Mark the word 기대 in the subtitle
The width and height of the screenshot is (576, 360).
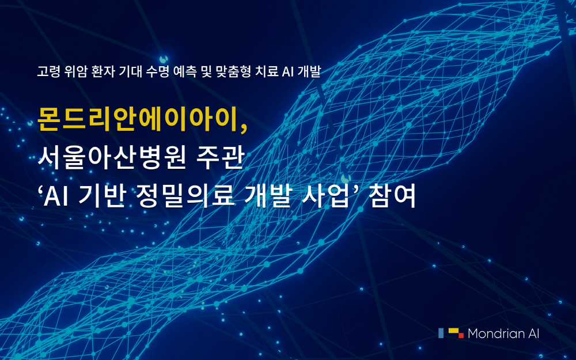tap(130, 71)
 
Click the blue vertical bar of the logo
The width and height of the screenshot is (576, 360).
tap(441, 333)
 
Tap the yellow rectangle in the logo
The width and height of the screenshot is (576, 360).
tap(453, 331)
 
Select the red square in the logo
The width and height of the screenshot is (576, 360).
tap(461, 335)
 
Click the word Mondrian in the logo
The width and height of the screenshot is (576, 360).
tap(496, 333)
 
